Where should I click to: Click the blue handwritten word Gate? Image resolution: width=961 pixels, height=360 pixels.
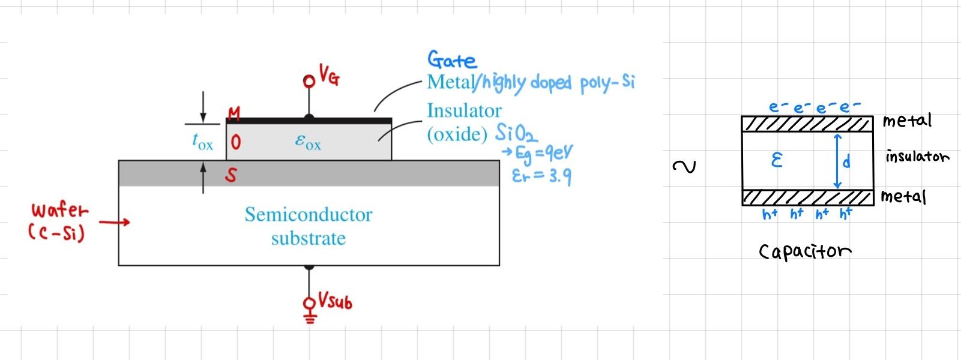(x=451, y=60)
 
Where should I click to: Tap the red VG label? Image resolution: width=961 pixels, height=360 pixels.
(x=329, y=76)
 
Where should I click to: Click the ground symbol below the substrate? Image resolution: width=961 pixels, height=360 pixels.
(x=310, y=317)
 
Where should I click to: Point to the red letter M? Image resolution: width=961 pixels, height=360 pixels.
(x=234, y=113)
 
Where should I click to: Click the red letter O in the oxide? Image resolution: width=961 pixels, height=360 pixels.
(x=236, y=142)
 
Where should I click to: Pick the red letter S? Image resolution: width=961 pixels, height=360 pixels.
(x=231, y=175)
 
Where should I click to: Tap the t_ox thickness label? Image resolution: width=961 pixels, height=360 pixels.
(x=202, y=142)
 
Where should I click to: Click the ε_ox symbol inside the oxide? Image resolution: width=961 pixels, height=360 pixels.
(x=308, y=142)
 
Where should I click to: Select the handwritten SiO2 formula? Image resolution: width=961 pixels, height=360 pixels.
(x=516, y=133)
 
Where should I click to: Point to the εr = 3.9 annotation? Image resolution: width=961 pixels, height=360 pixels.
(x=541, y=176)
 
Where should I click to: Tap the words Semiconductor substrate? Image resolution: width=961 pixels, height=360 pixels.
(x=309, y=226)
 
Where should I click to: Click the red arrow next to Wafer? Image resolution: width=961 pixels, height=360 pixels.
(x=114, y=223)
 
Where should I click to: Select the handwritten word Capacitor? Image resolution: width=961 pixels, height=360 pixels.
(x=805, y=251)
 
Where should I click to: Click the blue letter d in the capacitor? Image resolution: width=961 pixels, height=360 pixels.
(x=846, y=161)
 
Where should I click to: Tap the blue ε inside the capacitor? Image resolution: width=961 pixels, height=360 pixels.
(x=776, y=160)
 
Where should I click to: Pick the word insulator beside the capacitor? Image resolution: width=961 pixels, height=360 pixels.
(x=917, y=157)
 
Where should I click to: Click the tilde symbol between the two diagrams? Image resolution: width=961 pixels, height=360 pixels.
(x=684, y=166)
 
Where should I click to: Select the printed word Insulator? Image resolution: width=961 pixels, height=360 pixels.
(x=464, y=110)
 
